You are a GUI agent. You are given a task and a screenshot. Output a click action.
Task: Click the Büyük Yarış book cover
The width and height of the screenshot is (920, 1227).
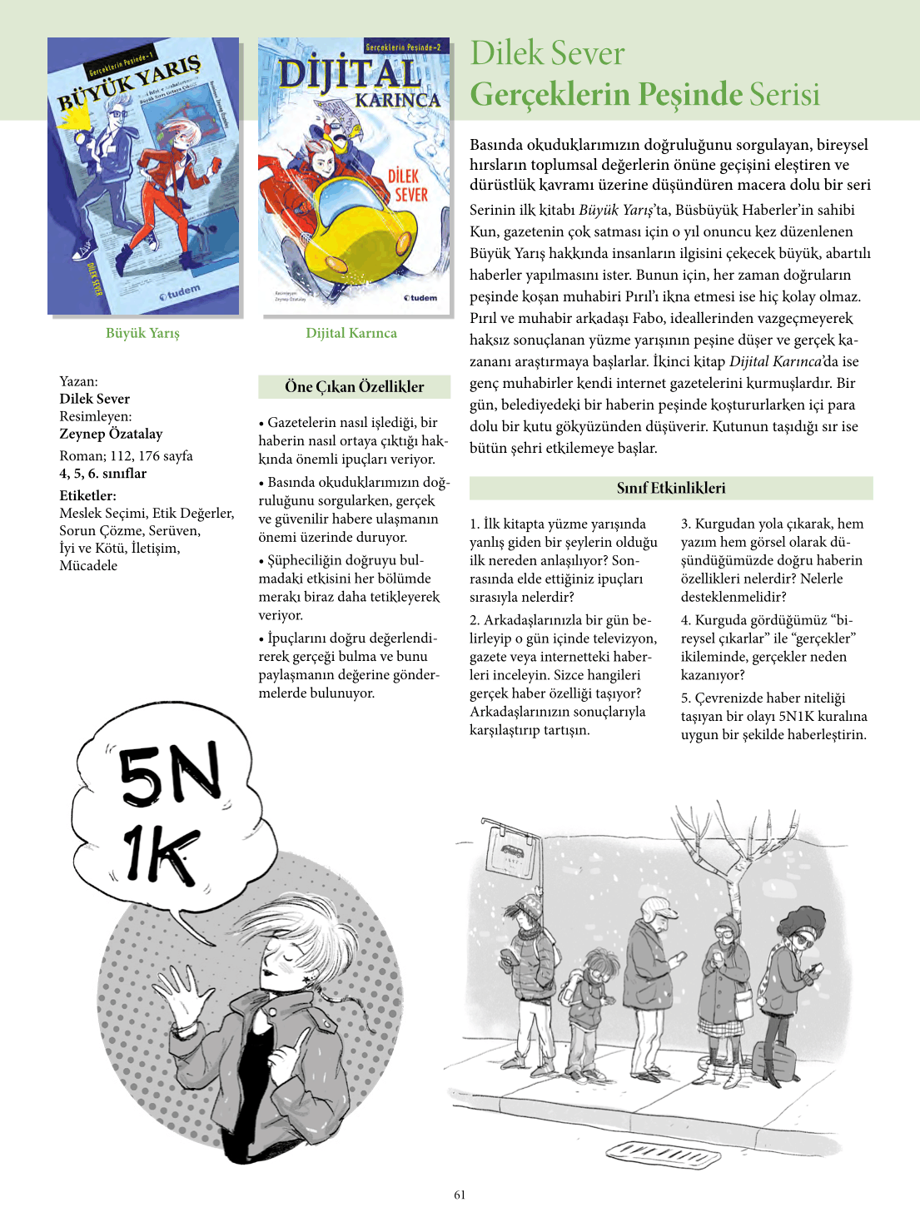click(x=143, y=176)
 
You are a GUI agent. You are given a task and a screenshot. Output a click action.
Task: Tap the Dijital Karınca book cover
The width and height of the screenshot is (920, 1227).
click(x=354, y=176)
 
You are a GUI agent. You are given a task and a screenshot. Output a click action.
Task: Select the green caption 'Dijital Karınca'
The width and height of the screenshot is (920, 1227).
click(x=351, y=333)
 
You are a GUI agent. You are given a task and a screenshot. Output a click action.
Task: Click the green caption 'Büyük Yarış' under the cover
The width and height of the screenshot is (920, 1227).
click(x=142, y=333)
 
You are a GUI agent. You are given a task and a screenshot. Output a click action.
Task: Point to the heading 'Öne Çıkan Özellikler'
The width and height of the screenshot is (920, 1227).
click(x=354, y=386)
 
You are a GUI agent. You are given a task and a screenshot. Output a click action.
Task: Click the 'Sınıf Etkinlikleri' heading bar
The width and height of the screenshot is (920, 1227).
click(x=670, y=488)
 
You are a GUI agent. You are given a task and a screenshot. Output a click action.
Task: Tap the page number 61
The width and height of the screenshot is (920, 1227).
click(x=460, y=1195)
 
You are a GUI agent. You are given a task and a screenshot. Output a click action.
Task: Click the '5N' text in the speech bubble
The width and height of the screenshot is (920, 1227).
click(x=171, y=774)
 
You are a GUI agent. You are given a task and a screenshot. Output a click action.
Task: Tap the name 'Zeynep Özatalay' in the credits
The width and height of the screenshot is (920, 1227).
click(x=111, y=433)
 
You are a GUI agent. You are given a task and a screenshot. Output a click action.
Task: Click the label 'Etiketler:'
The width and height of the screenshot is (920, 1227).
click(x=87, y=495)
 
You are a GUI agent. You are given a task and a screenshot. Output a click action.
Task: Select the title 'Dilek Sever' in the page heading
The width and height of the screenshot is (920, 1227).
click(x=547, y=53)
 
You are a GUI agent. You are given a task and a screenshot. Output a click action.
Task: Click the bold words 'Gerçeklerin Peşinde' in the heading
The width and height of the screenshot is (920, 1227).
click(x=605, y=94)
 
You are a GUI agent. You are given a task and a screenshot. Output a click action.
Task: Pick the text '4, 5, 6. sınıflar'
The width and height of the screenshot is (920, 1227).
click(x=102, y=473)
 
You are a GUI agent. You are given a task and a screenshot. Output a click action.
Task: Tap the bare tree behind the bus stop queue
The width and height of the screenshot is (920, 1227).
click(x=733, y=866)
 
